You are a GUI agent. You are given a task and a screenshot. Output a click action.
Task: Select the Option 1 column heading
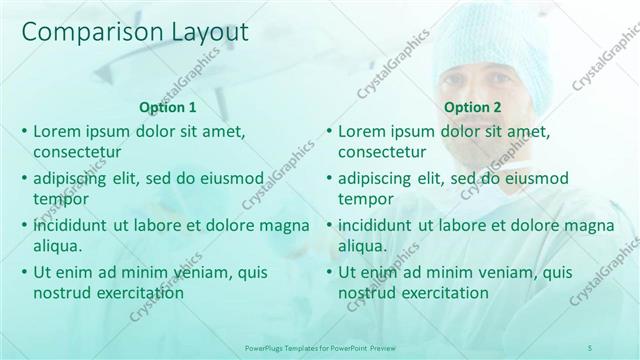coord(167,107)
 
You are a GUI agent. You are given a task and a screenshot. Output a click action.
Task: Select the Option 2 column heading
coord(473,107)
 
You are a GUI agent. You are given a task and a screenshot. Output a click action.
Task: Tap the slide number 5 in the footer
coord(590,346)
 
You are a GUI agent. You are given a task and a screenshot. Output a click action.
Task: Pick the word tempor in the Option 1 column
coord(58,199)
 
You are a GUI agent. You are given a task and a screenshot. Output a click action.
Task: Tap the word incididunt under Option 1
coord(70,225)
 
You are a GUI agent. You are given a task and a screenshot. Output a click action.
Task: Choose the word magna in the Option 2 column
coord(588,225)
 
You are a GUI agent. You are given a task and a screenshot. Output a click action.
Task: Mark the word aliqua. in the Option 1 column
coord(57,246)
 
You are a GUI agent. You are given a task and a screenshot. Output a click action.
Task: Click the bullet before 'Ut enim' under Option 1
coord(24,272)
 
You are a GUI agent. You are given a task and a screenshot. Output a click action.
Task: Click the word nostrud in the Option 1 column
coord(63,293)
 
